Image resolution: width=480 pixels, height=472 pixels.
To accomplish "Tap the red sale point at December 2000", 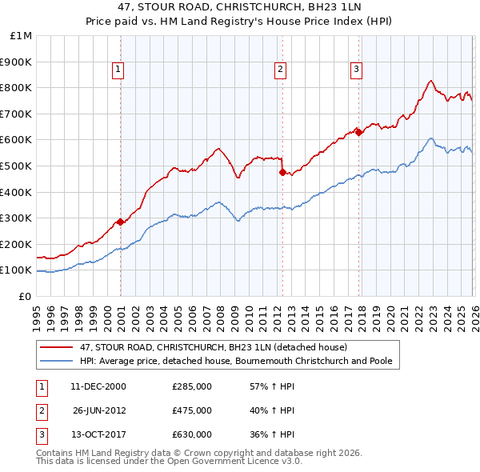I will pyautogui.click(x=120, y=222).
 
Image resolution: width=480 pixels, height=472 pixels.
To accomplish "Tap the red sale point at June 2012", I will pyautogui.click(x=282, y=172).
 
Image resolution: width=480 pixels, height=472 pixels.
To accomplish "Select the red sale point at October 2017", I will pyautogui.click(x=358, y=132).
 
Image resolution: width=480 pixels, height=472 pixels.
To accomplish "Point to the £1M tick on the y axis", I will pyautogui.click(x=21, y=36).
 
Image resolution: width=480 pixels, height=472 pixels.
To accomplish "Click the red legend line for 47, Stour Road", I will pyautogui.click(x=57, y=348).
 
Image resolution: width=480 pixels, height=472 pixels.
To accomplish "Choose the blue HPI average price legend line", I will pyautogui.click(x=57, y=362).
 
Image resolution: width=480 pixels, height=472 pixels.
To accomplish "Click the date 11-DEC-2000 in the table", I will pyautogui.click(x=98, y=386).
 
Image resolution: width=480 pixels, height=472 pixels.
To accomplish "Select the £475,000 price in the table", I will pyautogui.click(x=192, y=410).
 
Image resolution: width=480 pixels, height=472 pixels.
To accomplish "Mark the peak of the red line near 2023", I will pyautogui.click(x=430, y=80).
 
